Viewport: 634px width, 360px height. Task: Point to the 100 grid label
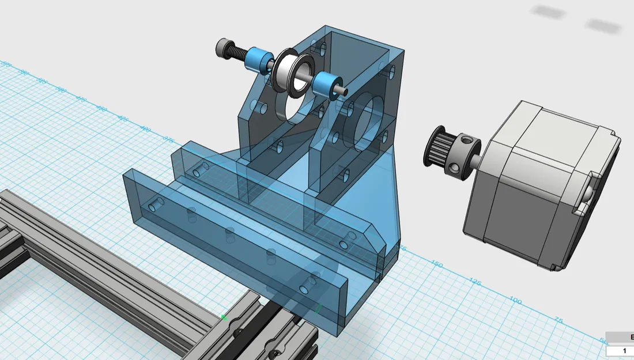515,301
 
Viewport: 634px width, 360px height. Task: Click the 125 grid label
474,282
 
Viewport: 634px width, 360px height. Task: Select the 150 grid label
437,264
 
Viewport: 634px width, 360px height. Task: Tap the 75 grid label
557,320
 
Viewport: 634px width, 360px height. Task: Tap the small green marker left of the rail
224,317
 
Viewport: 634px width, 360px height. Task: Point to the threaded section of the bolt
239,52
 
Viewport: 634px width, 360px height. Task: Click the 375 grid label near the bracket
169,139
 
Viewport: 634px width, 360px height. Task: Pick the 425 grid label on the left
122,118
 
